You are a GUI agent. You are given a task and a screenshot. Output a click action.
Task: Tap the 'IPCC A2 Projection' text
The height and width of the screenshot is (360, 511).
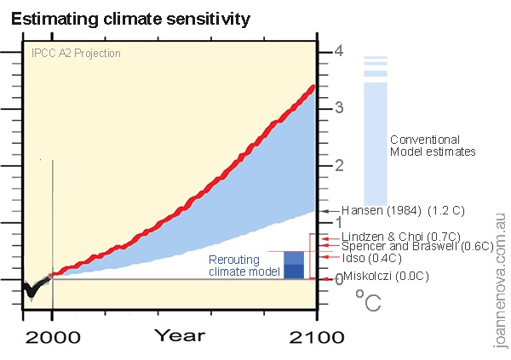75,53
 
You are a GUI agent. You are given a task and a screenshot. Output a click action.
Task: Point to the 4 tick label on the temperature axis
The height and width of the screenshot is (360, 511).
338,51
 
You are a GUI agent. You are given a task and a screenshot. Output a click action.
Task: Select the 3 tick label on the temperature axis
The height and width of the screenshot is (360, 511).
338,108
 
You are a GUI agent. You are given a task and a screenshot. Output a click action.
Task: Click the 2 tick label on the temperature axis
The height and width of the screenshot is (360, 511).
338,165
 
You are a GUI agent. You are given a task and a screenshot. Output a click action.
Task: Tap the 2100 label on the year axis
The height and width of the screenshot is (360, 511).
316,337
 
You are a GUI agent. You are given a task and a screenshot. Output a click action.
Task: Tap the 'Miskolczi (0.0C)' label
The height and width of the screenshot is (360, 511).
386,276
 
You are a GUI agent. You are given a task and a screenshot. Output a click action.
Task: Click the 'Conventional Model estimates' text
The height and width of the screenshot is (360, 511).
432,146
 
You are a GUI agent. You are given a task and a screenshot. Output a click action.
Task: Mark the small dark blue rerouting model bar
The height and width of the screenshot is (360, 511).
293,271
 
